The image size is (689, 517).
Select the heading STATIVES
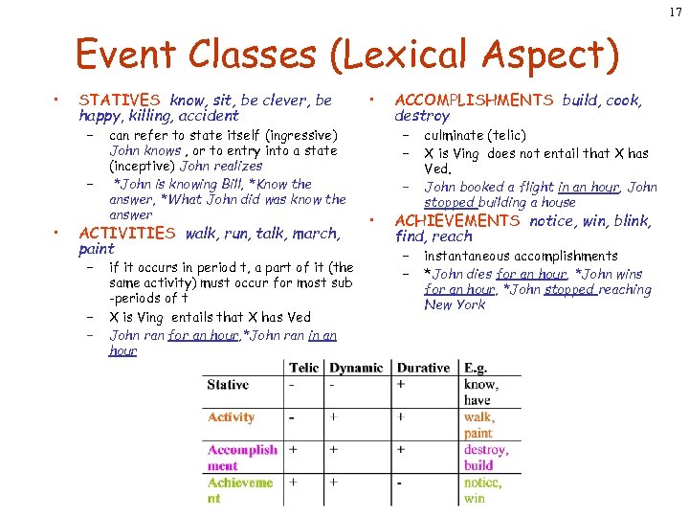120,100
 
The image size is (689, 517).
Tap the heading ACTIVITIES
126,233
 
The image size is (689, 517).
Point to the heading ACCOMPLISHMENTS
474,100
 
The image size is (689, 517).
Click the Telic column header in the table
303,368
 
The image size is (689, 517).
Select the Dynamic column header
355,368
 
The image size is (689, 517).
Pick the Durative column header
423,368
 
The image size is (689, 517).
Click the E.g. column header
476,368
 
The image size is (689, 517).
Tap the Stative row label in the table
228,385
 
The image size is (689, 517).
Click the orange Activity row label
232,417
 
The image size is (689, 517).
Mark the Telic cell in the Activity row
293,417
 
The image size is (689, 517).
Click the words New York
455,304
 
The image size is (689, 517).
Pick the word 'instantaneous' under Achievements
469,257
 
